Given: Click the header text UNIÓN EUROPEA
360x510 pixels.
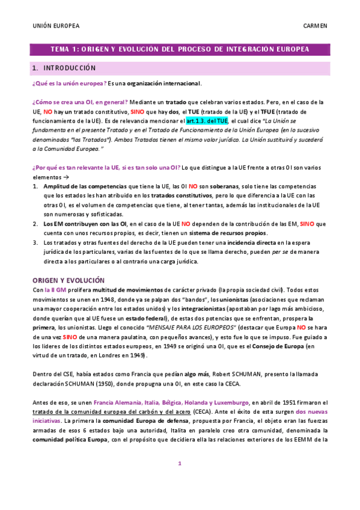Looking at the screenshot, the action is click(55, 26).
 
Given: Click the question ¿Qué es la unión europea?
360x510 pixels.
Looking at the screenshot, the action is click(69, 83).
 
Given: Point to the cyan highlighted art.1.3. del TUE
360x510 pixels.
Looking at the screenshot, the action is click(207, 120).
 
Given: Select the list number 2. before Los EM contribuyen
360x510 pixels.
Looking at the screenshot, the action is click(35, 224).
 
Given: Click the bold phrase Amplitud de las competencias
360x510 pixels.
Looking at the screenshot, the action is click(81, 188).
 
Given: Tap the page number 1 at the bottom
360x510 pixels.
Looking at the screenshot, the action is click(180, 480).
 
